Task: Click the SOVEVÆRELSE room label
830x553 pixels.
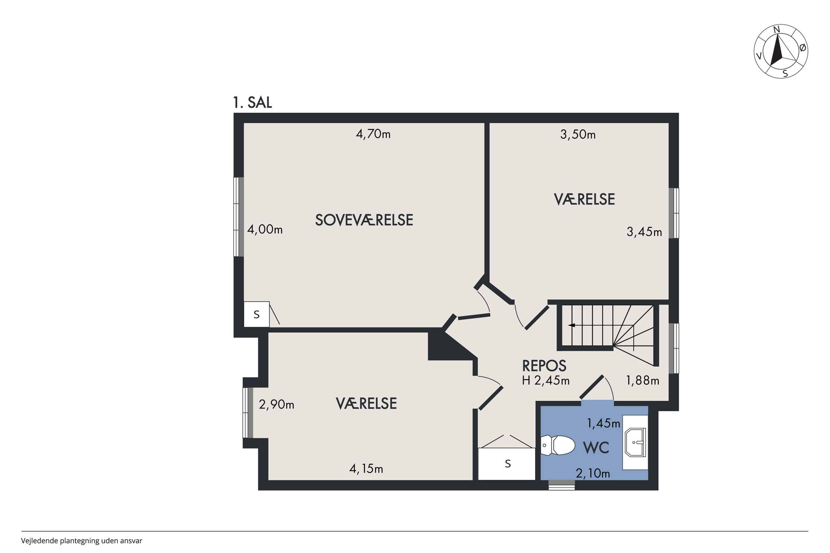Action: [x=364, y=220]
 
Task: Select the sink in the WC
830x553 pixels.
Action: [x=635, y=442]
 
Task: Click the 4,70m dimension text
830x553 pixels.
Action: [x=373, y=134]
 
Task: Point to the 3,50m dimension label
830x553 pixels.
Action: [x=578, y=134]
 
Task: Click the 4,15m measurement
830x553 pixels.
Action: [x=366, y=469]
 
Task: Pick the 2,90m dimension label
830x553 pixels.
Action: [x=276, y=405]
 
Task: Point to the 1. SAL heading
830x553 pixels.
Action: [x=252, y=102]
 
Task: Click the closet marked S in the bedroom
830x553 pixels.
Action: [x=256, y=314]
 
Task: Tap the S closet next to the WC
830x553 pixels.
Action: [x=507, y=464]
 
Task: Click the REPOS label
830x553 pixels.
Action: [x=544, y=366]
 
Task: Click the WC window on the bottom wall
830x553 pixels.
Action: [x=562, y=485]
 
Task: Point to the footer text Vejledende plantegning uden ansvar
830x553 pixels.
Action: [x=81, y=541]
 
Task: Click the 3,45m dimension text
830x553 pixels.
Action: [x=644, y=232]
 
